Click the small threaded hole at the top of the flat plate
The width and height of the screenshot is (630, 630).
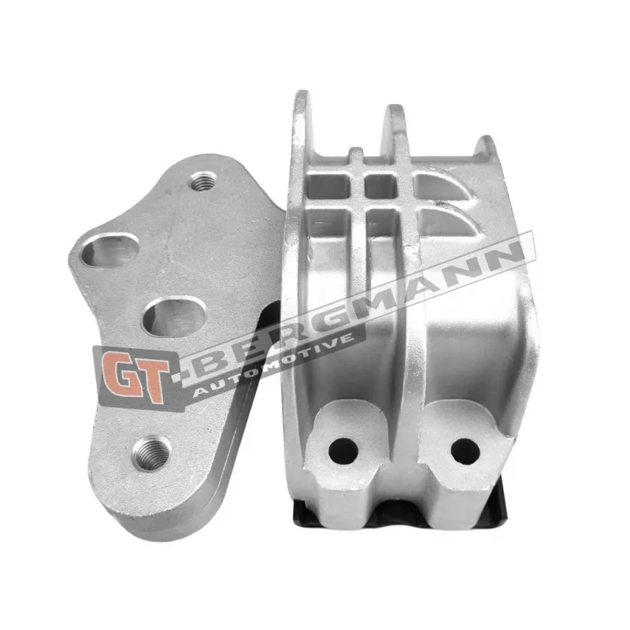coord(203,181)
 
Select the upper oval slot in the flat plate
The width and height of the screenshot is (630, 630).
coord(109,250)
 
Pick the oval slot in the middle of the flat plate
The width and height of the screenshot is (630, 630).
coord(175,317)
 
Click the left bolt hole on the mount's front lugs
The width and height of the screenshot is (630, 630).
coord(343,450)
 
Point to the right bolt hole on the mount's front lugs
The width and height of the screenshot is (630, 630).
coord(465,450)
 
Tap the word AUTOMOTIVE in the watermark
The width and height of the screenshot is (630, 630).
coord(273,365)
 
